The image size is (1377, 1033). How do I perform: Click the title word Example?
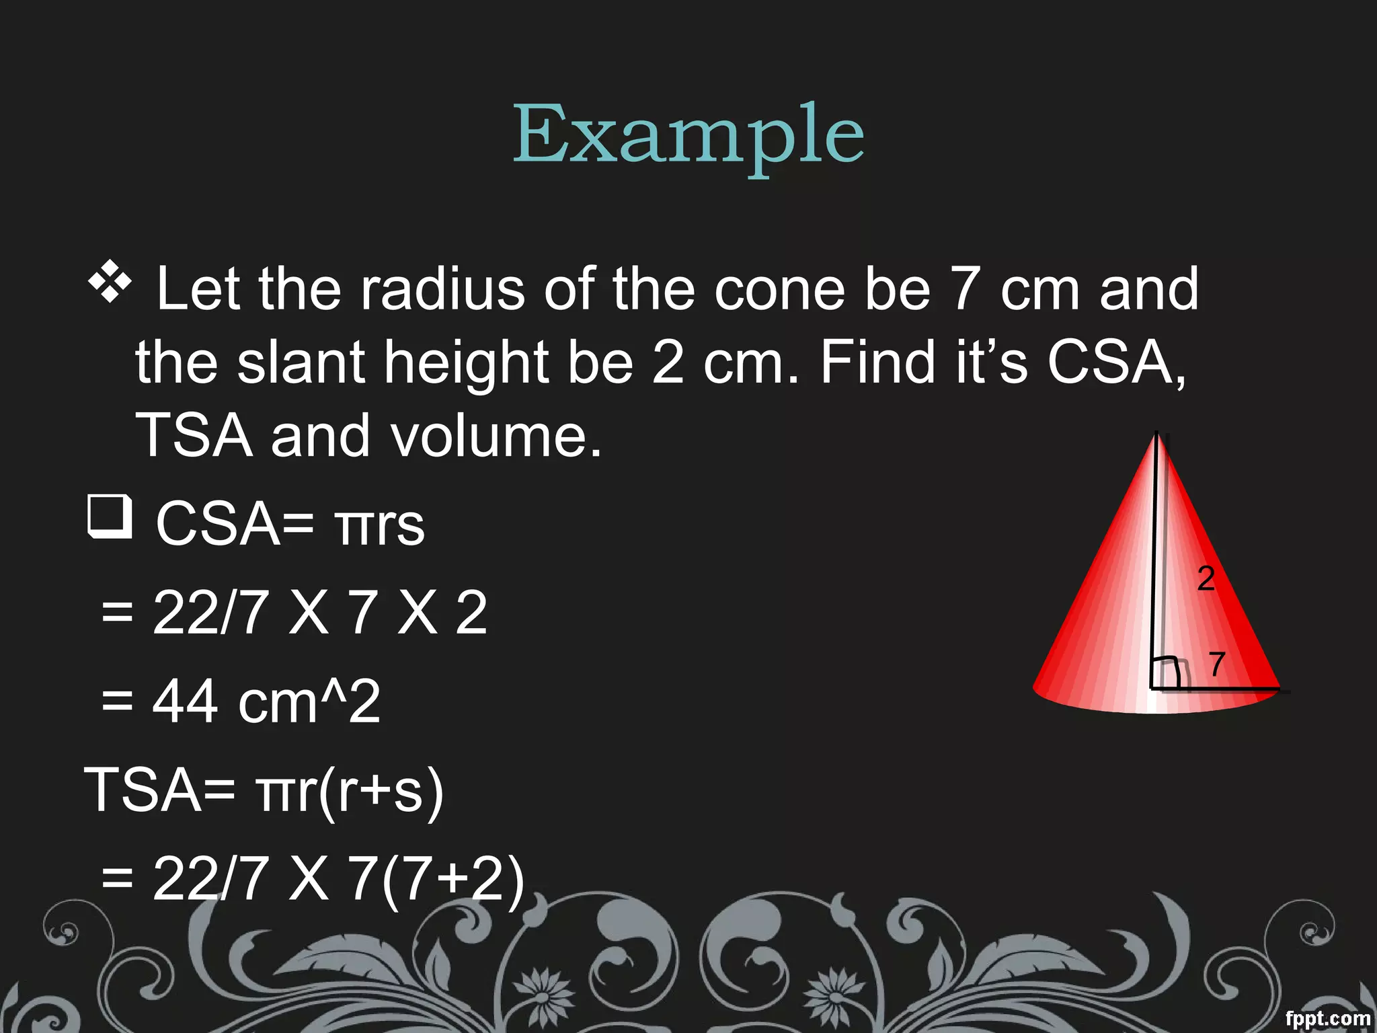tap(688, 135)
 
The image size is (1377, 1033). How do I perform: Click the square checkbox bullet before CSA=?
tap(110, 516)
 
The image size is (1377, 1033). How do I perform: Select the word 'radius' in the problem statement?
tap(442, 289)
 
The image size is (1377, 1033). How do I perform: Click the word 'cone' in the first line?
tap(779, 289)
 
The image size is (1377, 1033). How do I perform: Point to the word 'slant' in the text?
tap(301, 362)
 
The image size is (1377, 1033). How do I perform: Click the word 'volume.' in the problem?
tap(496, 436)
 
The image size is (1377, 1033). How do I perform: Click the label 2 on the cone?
tap(1206, 578)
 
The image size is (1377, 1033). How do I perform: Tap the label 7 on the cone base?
tap(1216, 664)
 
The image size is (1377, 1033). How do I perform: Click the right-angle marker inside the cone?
tap(1165, 673)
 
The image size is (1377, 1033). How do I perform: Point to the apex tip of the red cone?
tap(1156, 434)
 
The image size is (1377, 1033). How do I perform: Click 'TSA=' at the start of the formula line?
tap(159, 790)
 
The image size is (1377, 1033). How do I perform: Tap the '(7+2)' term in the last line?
tap(453, 879)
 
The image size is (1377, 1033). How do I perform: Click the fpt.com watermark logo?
tap(1327, 1018)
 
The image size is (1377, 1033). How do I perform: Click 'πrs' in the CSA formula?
tap(380, 525)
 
